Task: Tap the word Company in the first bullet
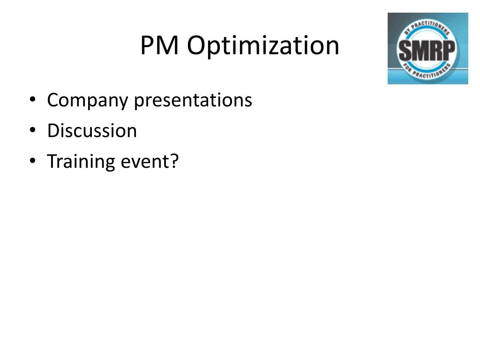(88, 101)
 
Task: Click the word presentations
(193, 101)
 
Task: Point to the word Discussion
(92, 131)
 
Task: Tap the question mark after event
(175, 161)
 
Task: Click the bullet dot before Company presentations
(32, 100)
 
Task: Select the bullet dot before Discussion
(32, 130)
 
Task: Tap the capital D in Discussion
(52, 131)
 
